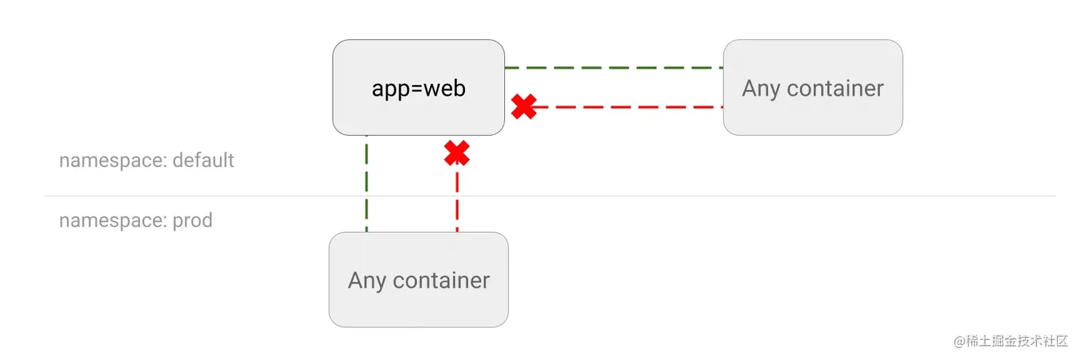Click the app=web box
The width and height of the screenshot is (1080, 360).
[x=419, y=87]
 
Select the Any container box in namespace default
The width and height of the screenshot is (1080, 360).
[x=813, y=87]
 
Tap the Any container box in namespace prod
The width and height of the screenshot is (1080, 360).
[x=419, y=279]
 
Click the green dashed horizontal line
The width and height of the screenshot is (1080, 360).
[x=614, y=68]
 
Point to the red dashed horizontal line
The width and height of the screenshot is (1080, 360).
[x=627, y=107]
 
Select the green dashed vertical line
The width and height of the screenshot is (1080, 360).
[x=366, y=184]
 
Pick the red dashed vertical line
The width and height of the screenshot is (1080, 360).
[x=457, y=198]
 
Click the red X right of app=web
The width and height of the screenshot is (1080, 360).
[x=524, y=106]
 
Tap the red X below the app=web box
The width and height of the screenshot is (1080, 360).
[x=456, y=154]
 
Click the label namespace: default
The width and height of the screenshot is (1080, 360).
[x=146, y=161]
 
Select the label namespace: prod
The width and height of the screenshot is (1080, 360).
[x=136, y=221]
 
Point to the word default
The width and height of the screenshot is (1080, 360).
[x=203, y=160]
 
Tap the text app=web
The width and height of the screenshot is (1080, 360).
[x=419, y=89]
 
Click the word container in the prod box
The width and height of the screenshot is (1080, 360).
[x=441, y=281]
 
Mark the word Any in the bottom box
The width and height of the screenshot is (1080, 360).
[x=367, y=281]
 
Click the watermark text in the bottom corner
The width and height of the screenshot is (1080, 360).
[x=1011, y=341]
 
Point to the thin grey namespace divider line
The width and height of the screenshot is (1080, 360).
[x=550, y=196]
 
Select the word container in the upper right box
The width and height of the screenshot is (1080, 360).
[x=835, y=89]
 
